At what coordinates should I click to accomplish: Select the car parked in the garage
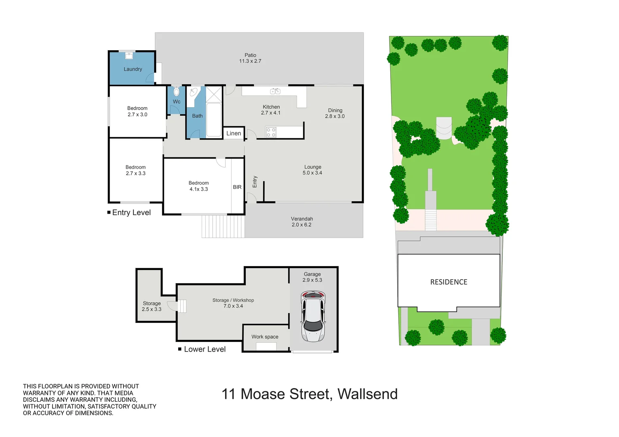pos(313,316)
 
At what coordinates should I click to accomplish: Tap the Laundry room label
pos(133,69)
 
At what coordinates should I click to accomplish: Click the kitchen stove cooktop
pos(271,132)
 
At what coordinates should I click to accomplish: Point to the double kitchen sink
pos(275,91)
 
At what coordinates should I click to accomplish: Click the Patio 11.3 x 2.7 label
pos(250,58)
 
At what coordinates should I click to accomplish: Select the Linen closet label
pos(234,133)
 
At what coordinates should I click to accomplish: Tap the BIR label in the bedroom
pos(237,187)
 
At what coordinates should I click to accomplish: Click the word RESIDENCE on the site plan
pos(449,282)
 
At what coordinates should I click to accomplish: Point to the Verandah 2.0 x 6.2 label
pos(302,222)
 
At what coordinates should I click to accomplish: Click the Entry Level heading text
pos(131,212)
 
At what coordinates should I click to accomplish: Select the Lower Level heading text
pos(204,349)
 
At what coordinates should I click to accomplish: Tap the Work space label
pos(265,337)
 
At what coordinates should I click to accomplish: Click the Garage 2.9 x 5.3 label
pos(312,277)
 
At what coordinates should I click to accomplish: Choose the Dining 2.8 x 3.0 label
pos(335,113)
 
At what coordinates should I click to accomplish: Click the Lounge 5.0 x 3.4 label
pos(313,170)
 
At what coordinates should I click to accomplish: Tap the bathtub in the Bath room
pos(214,120)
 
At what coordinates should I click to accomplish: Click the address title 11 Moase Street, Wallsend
pos(309,394)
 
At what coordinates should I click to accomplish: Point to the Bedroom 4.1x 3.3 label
pos(198,186)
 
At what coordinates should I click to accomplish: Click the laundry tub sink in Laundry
pos(129,55)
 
